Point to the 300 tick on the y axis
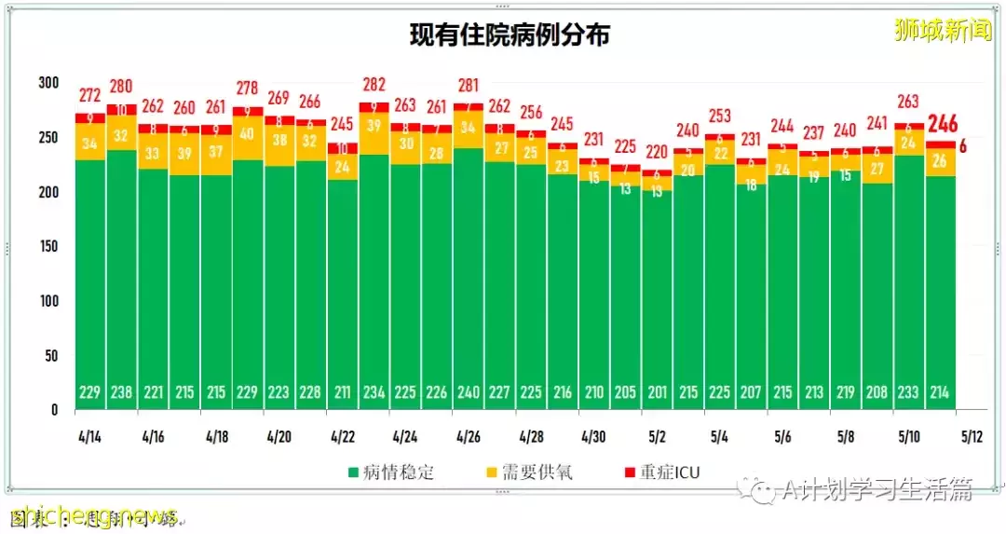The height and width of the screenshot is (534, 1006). point(48,83)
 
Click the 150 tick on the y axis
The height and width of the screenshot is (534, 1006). point(48,246)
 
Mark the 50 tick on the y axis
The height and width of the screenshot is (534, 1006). point(50,355)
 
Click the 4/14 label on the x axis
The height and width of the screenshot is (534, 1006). point(89,436)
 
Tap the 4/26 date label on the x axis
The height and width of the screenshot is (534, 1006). point(468,436)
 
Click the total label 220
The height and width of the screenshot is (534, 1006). point(657,152)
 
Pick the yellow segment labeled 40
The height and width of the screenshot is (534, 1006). point(248,133)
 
